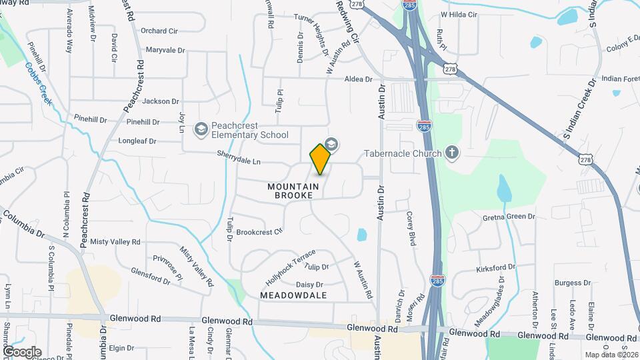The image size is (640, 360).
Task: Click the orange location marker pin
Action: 321,159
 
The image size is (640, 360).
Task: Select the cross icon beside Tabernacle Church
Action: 452,153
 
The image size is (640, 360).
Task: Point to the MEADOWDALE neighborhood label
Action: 293,295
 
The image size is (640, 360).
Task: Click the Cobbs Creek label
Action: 39,82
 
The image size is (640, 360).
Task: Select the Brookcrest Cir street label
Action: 260,232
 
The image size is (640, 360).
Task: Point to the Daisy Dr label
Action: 309,285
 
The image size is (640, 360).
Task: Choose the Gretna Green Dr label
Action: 509,217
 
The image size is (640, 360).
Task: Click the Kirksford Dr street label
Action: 496,268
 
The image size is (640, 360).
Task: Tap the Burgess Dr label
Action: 573,283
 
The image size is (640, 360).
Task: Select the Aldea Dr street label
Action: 358,79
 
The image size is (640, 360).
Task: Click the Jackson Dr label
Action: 161,101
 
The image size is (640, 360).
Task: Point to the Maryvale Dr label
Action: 165,50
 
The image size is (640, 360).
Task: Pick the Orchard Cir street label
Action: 159,31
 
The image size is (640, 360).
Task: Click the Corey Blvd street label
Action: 411,229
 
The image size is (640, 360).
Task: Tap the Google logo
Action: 22,351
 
